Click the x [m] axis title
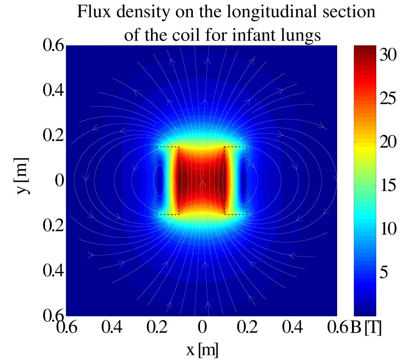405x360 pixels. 202,347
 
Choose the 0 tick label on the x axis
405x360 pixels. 203,329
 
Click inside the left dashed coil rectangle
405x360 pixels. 167,180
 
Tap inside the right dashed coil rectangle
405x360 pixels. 236,180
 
